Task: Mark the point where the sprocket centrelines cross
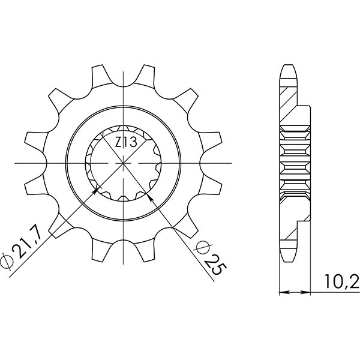click(124, 163)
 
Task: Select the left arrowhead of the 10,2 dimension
click(284, 293)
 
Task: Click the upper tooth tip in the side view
click(289, 67)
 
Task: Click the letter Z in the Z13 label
click(118, 143)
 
